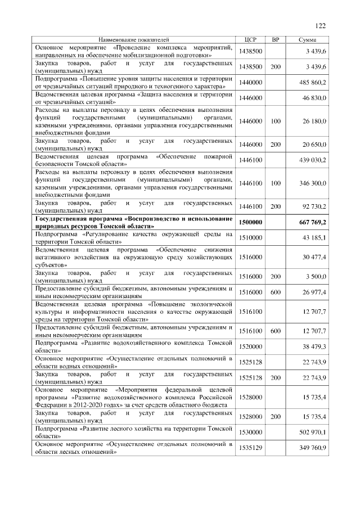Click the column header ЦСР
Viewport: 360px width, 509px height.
pyautogui.click(x=251, y=40)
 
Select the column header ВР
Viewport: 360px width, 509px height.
pyautogui.click(x=276, y=40)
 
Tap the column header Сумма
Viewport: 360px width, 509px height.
pyautogui.click(x=307, y=40)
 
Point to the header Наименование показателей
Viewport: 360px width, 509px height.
pyautogui.click(x=134, y=40)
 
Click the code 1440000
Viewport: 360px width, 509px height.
pyautogui.click(x=251, y=82)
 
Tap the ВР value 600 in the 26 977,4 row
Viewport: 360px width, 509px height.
pyautogui.click(x=276, y=292)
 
